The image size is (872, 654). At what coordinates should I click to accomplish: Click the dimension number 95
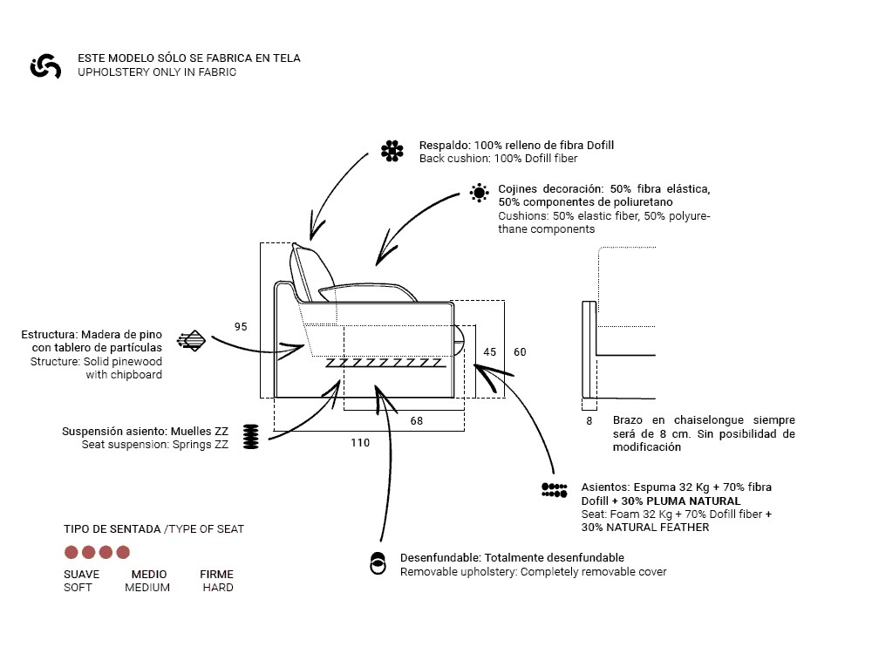(x=241, y=326)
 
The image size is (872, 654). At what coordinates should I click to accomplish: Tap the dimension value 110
(x=360, y=443)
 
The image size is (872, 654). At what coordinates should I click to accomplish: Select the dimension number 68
(x=417, y=421)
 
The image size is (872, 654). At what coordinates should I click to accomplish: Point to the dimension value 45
(x=489, y=352)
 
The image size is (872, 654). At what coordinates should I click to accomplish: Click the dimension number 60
(x=520, y=352)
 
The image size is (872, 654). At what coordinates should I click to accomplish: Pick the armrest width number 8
(x=589, y=421)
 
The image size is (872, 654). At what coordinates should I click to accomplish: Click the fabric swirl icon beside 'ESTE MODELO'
(x=45, y=66)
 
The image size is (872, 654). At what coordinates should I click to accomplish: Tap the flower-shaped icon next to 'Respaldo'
(x=392, y=151)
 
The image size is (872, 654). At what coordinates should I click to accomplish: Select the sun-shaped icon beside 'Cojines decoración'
(x=479, y=193)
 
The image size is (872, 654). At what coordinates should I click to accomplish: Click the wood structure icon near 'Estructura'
(x=191, y=341)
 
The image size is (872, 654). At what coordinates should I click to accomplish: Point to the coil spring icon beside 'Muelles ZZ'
(x=251, y=437)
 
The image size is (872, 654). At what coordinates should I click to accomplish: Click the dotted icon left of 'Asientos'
(x=555, y=490)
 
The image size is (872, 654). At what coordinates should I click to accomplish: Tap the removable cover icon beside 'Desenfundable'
(x=378, y=563)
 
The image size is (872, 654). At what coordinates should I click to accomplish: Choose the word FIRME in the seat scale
(x=216, y=575)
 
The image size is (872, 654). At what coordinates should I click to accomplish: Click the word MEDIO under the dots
(x=149, y=575)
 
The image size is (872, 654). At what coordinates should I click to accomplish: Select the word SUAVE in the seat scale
(x=82, y=575)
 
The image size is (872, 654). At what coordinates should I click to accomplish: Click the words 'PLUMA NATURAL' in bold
(x=693, y=501)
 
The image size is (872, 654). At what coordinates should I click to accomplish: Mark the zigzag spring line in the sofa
(x=386, y=363)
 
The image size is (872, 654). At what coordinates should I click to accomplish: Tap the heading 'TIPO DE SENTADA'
(x=112, y=529)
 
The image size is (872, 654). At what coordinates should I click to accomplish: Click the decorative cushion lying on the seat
(x=368, y=292)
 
